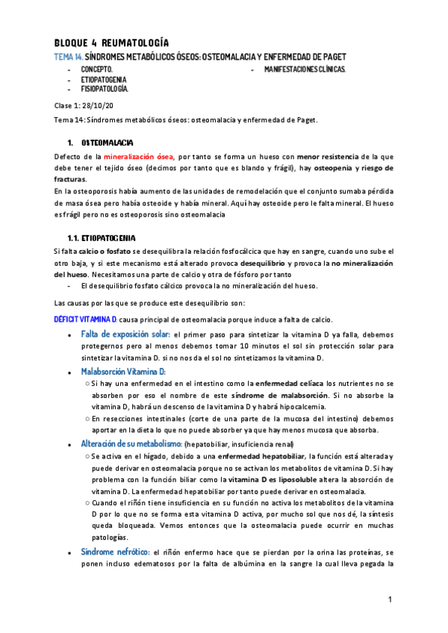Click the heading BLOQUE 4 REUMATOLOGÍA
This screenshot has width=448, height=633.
pos(111,42)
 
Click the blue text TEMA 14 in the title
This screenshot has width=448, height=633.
pos(68,57)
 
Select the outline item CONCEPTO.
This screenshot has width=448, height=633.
pos(96,69)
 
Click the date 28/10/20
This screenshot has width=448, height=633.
pos(101,106)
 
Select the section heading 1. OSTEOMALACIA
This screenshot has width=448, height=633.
pos(108,142)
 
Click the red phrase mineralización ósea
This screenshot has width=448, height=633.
pos(137,158)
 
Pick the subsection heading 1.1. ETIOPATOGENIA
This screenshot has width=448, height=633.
pos(102,237)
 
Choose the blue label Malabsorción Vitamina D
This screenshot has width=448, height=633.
pos(123,371)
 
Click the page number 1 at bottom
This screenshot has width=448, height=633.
pos(390,601)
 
